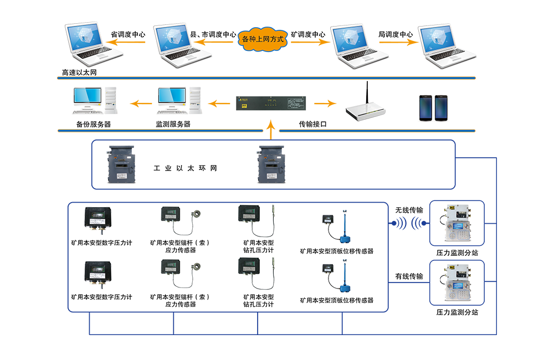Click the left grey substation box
(x=121, y=164)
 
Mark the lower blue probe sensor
(x=342, y=277)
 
